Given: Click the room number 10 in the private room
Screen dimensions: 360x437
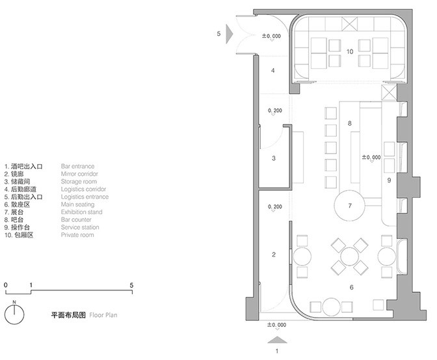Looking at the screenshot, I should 349,51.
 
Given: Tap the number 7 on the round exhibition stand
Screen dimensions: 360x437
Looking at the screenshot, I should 350,206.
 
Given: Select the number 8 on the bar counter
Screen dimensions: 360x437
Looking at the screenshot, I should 349,123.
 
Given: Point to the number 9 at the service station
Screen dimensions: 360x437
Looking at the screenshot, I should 389,179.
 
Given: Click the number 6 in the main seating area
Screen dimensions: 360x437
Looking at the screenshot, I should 352,286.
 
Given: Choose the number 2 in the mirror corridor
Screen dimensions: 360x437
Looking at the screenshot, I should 274,254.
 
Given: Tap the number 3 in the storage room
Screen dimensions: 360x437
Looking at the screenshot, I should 274,158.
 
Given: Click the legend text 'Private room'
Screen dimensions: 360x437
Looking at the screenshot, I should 77,234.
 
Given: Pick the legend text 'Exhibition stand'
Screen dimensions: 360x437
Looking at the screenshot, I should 81,212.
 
